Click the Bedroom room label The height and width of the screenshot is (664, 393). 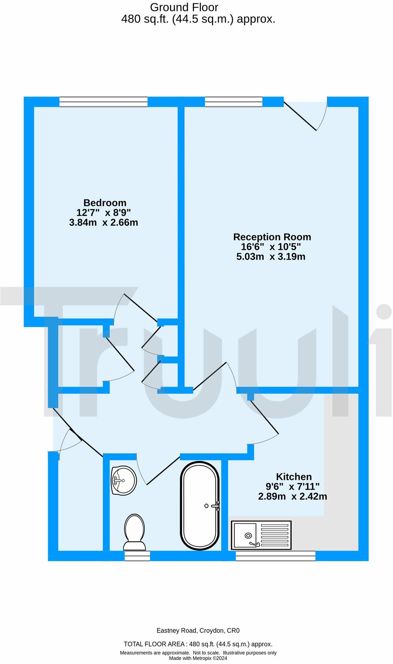click(105, 203)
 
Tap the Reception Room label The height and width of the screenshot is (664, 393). click(272, 237)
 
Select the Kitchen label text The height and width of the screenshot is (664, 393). click(294, 477)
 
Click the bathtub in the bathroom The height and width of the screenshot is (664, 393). click(199, 506)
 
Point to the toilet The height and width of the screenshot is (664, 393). click(134, 532)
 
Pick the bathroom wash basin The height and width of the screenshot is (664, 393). click(123, 480)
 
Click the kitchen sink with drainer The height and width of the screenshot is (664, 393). click(261, 535)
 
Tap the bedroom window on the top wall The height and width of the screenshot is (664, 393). click(103, 101)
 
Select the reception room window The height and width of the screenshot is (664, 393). click(233, 101)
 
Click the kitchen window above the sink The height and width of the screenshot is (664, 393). click(275, 556)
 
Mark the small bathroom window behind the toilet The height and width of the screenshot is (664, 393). click(137, 556)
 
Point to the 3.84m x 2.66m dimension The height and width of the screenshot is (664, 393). click(103, 222)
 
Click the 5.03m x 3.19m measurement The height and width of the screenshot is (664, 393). click(271, 257)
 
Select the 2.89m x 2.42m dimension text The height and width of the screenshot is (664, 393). click(292, 496)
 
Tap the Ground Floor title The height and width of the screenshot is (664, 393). click(184, 7)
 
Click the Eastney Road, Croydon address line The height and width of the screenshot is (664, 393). click(198, 631)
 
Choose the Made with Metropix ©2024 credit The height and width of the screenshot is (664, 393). click(198, 658)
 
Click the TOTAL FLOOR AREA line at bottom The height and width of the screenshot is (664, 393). click(198, 644)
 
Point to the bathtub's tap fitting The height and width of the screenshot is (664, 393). click(215, 506)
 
